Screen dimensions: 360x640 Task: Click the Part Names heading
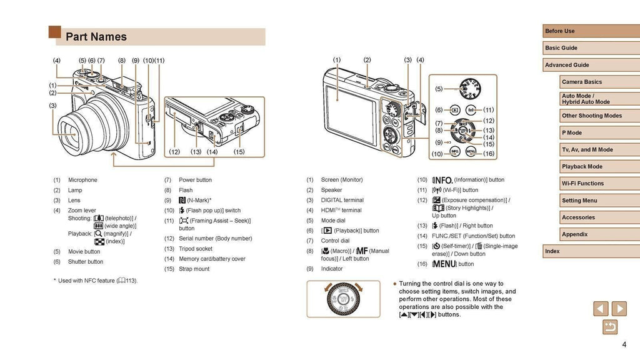click(96, 37)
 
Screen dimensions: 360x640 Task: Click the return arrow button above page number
click(609, 327)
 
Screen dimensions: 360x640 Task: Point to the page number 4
click(624, 345)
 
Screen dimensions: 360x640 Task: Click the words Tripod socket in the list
click(196, 249)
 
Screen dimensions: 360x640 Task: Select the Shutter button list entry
click(86, 262)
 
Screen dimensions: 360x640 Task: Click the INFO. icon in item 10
click(442, 180)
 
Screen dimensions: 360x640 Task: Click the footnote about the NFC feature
click(96, 281)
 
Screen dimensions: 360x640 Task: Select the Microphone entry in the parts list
click(82, 180)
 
